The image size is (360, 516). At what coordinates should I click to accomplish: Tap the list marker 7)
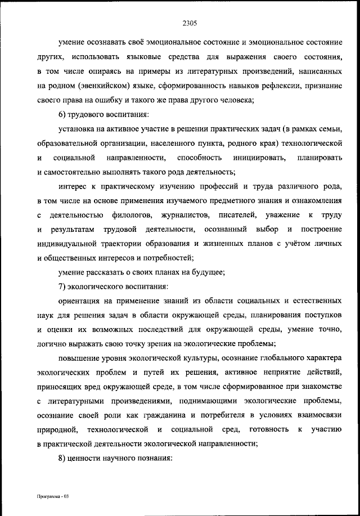coord(64,287)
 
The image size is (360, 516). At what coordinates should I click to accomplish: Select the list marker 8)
coord(64,459)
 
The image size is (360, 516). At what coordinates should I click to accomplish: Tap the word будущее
coord(206,273)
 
